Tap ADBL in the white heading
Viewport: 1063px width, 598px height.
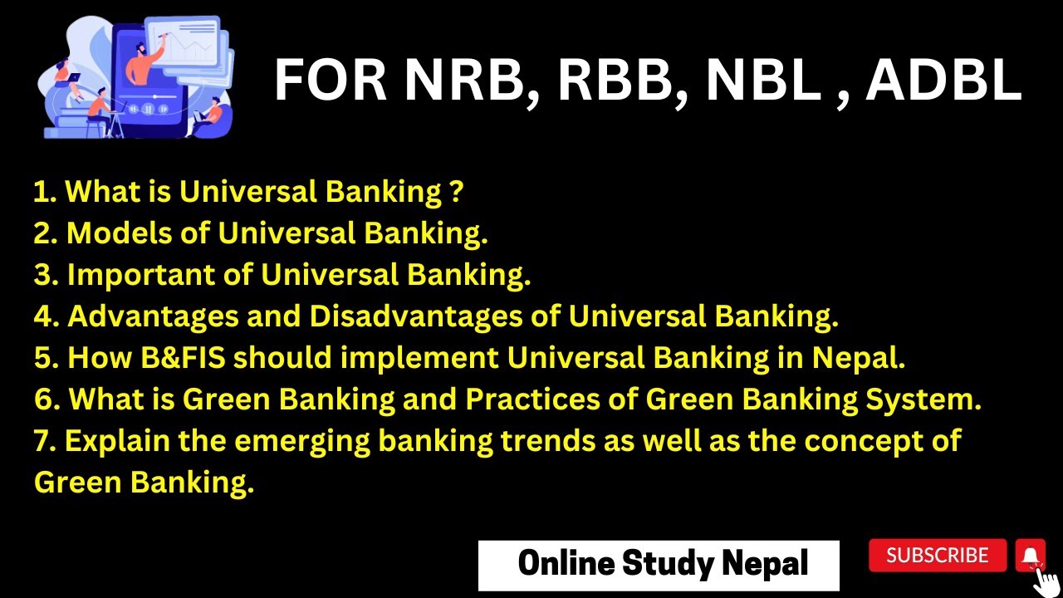click(x=943, y=81)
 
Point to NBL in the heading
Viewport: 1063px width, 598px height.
click(x=763, y=81)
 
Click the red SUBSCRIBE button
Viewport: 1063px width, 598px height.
click(x=938, y=556)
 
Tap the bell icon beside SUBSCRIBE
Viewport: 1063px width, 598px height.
click(x=1030, y=556)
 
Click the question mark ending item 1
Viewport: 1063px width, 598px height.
click(x=455, y=192)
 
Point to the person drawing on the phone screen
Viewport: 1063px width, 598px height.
click(x=150, y=58)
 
